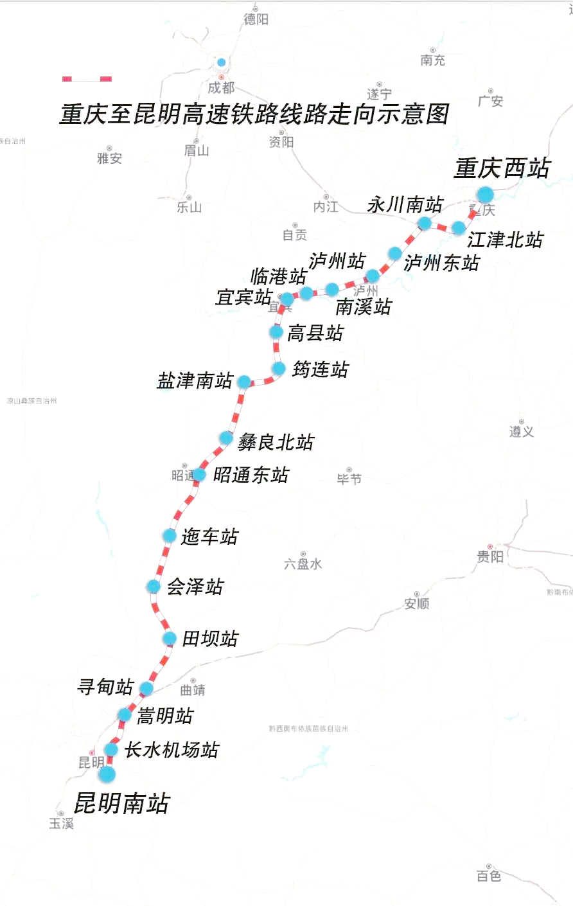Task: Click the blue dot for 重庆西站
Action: (485, 194)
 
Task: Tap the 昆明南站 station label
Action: (122, 803)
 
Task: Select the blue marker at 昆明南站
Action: (107, 774)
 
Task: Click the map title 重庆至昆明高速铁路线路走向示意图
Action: (254, 114)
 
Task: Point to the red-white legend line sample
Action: (87, 79)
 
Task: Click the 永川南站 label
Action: (405, 205)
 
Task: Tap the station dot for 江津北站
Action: (459, 228)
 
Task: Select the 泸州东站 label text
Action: (442, 263)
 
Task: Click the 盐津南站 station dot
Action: (244, 382)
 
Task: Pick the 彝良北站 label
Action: (276, 442)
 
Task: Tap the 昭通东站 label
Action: (251, 475)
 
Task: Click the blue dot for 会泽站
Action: (154, 586)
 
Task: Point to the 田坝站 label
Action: (210, 639)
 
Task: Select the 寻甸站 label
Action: (105, 687)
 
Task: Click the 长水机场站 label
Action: (172, 750)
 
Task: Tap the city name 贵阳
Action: (490, 556)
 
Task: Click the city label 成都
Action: (221, 87)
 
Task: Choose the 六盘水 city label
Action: (303, 564)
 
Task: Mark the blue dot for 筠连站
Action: (279, 369)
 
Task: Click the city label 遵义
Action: (522, 432)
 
